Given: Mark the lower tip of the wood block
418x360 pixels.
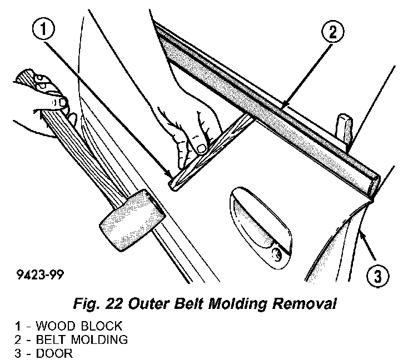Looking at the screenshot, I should [x=173, y=184].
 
